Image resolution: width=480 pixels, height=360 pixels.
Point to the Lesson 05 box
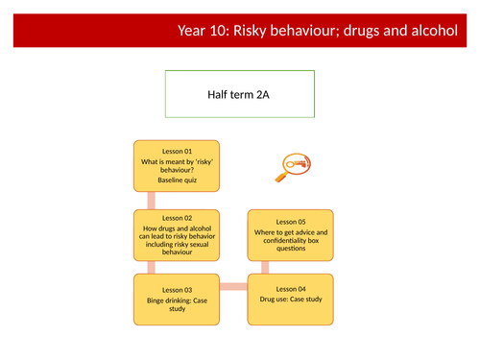pyautogui.click(x=291, y=235)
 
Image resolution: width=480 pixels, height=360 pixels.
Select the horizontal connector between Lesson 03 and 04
pyautogui.click(x=233, y=287)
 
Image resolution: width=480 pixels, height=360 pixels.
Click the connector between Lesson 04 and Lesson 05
pyautogui.click(x=291, y=268)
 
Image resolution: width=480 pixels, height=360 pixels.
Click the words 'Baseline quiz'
pyautogui.click(x=177, y=180)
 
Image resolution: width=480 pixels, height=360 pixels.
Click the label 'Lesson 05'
pyautogui.click(x=291, y=221)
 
